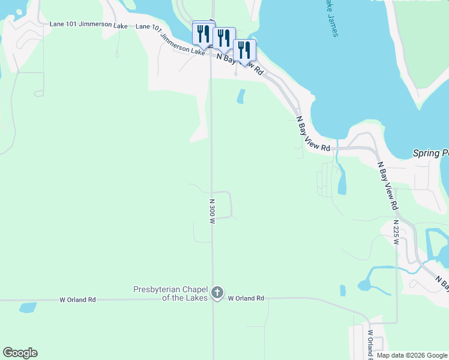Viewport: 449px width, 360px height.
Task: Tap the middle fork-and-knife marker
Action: [x=223, y=38]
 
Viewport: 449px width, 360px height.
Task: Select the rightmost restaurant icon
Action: [x=244, y=50]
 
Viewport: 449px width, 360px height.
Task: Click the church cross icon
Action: [x=217, y=293]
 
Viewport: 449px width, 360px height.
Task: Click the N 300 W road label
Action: [x=212, y=212]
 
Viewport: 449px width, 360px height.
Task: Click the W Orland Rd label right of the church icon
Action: [x=246, y=298]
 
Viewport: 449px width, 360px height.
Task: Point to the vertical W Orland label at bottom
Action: [x=370, y=344]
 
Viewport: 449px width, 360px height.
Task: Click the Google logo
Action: [x=20, y=353]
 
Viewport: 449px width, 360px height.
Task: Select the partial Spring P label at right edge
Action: [x=430, y=154]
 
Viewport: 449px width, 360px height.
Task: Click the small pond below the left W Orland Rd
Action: [x=28, y=308]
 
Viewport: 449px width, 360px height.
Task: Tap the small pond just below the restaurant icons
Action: [x=241, y=96]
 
